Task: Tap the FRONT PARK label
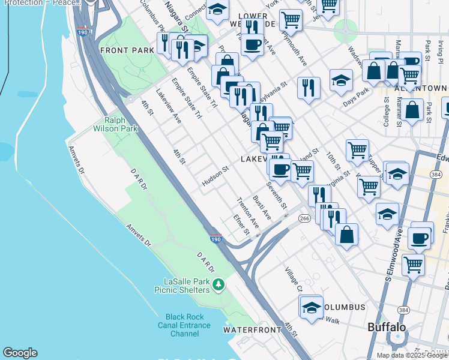[x=127, y=50]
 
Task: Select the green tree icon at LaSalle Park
[x=220, y=283]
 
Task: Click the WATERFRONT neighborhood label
[x=252, y=330]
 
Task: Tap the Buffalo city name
[x=387, y=328]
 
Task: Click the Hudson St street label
[x=215, y=176]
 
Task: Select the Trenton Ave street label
[x=247, y=212]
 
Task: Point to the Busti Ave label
[x=262, y=208]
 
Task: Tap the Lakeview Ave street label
[x=168, y=106]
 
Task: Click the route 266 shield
[x=304, y=219]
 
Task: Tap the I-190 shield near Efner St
[x=216, y=238]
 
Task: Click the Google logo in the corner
[x=20, y=353]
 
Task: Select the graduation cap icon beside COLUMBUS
[x=311, y=307]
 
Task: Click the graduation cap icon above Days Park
[x=341, y=80]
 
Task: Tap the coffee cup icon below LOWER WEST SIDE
[x=252, y=44]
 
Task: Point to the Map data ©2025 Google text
[x=412, y=355]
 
